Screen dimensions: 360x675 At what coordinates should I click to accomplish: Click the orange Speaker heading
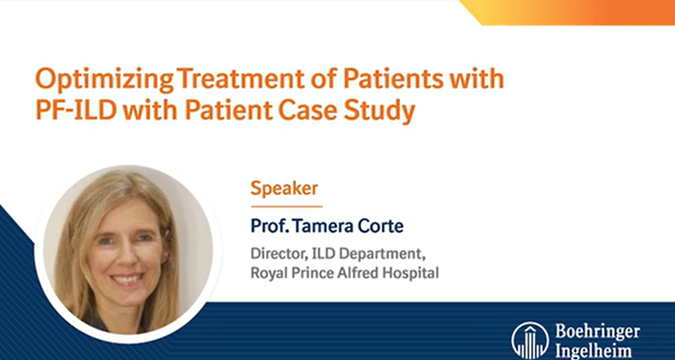[284, 189]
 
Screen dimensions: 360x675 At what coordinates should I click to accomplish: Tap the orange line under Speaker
[287, 206]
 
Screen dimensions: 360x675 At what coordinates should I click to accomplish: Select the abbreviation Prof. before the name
[268, 226]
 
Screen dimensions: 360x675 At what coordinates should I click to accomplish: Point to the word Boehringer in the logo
[597, 332]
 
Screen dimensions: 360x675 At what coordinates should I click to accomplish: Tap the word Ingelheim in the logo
[592, 352]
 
